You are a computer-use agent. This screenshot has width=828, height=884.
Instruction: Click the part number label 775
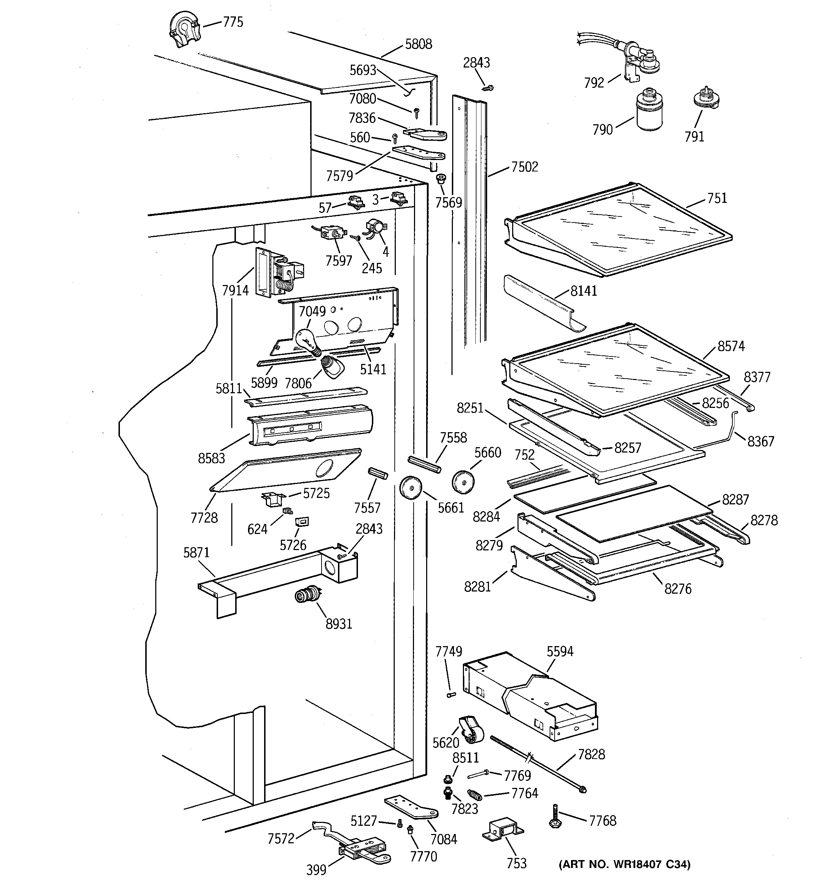(x=233, y=22)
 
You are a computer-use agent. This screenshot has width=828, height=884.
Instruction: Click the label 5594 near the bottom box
(x=560, y=651)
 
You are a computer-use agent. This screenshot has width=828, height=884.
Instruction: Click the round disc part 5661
(x=410, y=488)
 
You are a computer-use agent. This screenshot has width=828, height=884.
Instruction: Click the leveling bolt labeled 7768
(x=555, y=815)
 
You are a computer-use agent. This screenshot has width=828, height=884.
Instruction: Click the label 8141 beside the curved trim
(x=584, y=291)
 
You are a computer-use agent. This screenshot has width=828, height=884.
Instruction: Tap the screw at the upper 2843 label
(x=488, y=88)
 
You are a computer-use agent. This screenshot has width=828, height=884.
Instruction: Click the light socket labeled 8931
(x=308, y=595)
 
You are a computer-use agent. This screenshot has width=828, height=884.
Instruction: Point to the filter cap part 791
(x=706, y=100)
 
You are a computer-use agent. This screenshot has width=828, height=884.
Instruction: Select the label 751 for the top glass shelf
(x=717, y=198)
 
